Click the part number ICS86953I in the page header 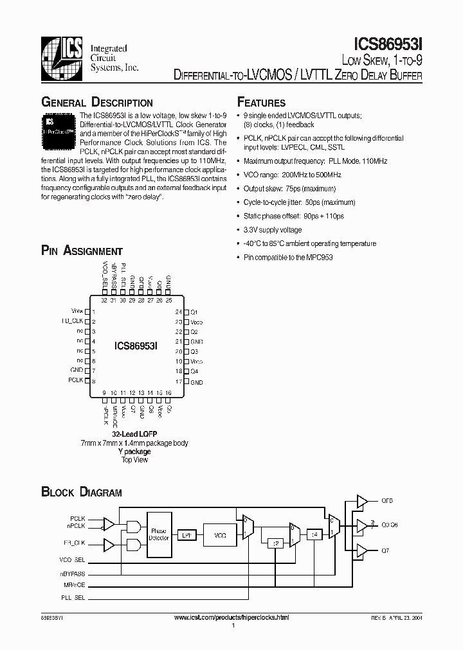click(388, 44)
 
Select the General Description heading click(97, 103)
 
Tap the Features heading click(261, 103)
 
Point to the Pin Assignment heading click(82, 251)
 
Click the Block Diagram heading click(82, 493)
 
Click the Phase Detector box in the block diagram click(159, 534)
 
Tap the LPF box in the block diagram click(186, 534)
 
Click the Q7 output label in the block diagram click(385, 551)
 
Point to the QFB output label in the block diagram click(387, 500)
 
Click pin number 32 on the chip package click(104, 299)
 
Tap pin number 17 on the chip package click(178, 382)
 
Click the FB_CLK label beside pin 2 click(73, 321)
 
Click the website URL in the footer click(232, 617)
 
